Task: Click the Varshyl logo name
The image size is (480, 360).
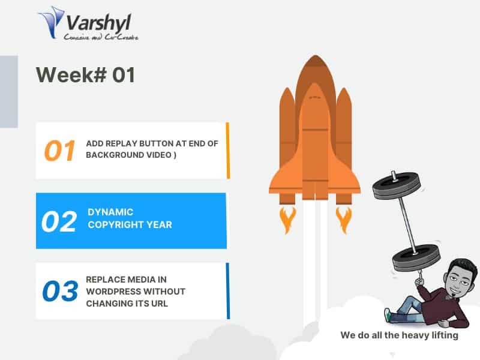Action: pos(98,23)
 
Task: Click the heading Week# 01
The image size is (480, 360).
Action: pos(85,75)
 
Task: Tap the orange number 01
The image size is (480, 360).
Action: pos(59,151)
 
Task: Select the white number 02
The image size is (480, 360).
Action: pos(59,221)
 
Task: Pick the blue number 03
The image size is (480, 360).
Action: pos(61,291)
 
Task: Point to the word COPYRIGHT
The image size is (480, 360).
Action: pos(116,224)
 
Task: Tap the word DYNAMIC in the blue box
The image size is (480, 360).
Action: pos(110,212)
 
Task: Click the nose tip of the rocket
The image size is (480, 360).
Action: pos(316,56)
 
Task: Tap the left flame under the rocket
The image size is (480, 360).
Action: pos(287,220)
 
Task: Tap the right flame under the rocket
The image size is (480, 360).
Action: pos(343,220)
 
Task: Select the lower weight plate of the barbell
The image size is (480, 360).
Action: pos(416,258)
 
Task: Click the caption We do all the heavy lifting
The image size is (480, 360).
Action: pos(399,335)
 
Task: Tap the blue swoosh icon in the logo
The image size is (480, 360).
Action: pos(51,22)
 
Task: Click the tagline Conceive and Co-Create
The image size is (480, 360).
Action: pos(101,37)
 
